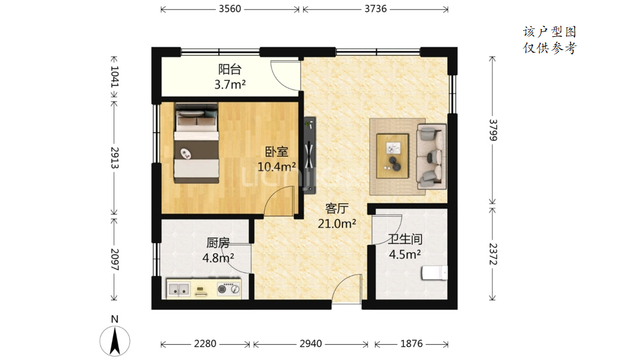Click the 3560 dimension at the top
230,8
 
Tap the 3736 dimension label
375,8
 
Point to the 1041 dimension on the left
115,76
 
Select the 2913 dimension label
115,158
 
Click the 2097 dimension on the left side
115,260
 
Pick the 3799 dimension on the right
493,129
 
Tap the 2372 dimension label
493,254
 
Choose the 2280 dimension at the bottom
205,344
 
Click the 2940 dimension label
310,344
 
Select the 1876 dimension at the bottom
411,344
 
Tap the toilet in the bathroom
434,273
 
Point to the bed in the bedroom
196,143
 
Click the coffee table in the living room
393,156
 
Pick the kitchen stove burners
229,289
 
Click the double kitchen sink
178,290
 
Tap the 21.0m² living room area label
337,224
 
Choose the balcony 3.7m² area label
230,84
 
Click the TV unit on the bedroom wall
310,155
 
